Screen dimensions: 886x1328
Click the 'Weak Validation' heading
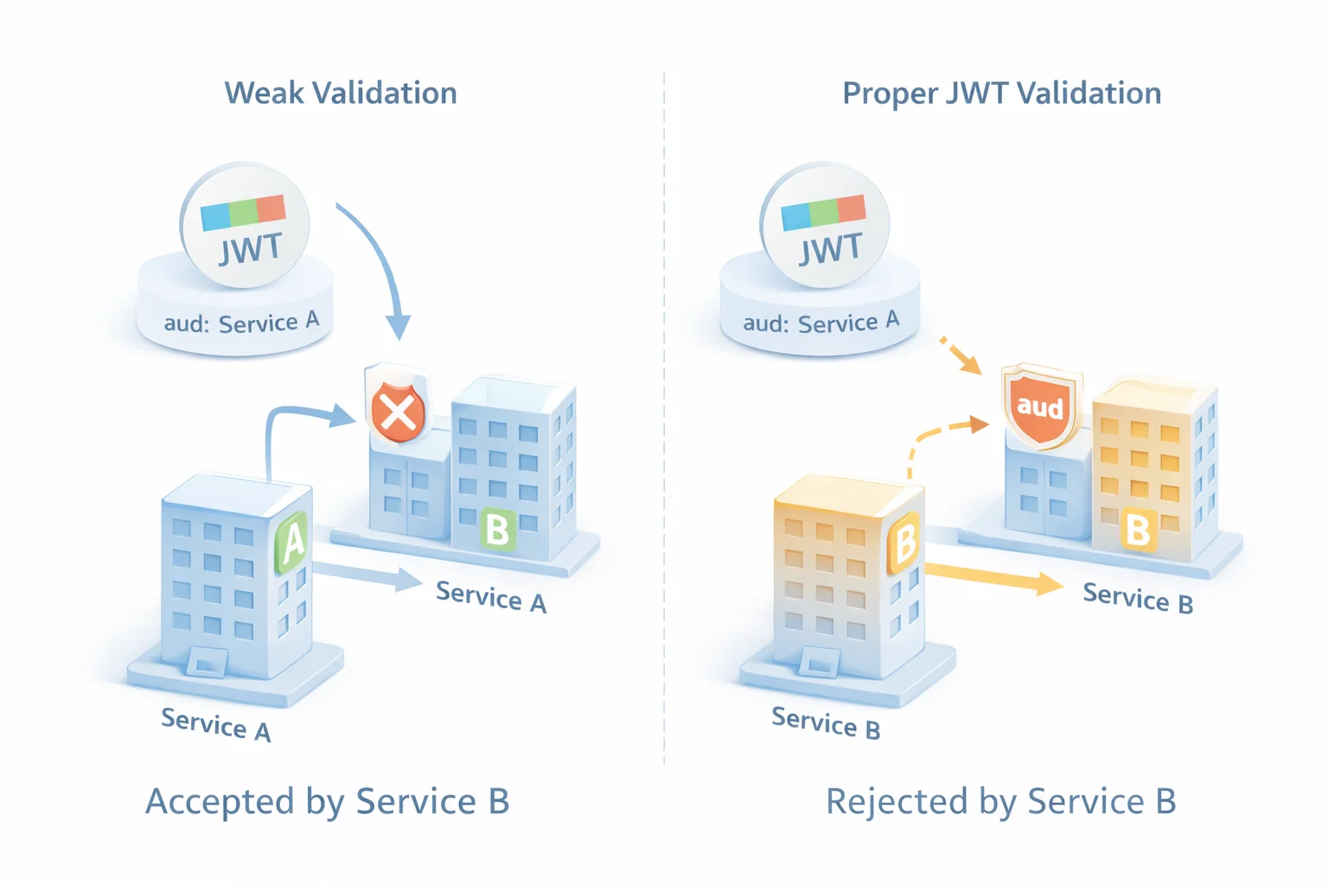(341, 93)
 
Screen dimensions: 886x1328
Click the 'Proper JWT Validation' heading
(1001, 93)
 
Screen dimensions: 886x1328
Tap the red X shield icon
(398, 411)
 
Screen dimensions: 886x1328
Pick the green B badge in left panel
(497, 529)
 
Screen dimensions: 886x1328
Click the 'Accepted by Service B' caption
(327, 801)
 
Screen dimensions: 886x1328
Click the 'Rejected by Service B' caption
(1000, 801)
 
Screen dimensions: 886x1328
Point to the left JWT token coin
(246, 225)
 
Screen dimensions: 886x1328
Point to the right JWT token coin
(826, 225)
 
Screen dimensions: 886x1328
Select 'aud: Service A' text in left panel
(241, 323)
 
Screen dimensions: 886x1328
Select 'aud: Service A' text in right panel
(820, 323)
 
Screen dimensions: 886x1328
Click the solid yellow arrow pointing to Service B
(994, 577)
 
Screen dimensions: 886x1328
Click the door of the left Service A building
(207, 662)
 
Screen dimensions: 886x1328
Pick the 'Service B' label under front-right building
(825, 722)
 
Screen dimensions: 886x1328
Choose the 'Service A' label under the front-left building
(216, 724)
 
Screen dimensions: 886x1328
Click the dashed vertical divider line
(664, 433)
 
